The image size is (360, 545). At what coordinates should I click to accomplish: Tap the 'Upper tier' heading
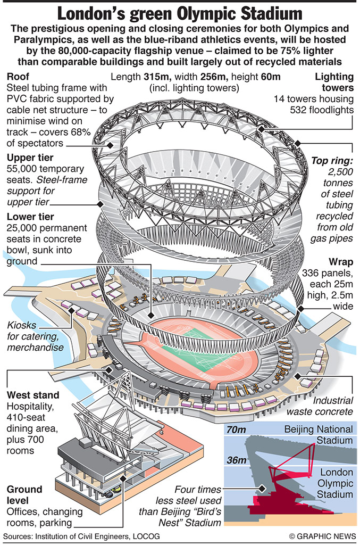click(29, 158)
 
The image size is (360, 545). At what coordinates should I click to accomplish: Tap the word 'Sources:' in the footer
click(20, 535)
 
